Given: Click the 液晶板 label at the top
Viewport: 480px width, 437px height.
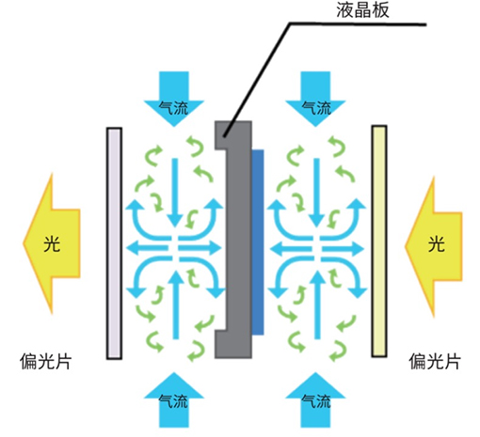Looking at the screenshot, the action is pos(362,9).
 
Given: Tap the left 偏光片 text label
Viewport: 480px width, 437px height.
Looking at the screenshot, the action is pos(45,362).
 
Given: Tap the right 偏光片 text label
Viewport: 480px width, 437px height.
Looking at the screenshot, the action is pos(435,362).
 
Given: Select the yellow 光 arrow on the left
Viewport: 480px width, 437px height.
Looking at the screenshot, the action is pos(52,243).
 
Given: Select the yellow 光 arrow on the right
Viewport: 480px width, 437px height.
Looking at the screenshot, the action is pos(434,246).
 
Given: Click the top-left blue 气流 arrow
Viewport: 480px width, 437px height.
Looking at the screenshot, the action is pos(174,99).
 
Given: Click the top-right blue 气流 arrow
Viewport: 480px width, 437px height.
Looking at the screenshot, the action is pos(315,99).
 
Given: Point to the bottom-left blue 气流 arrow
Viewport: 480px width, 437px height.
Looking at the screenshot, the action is pos(174,399).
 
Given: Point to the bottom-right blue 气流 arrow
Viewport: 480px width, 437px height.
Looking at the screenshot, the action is pos(315,399).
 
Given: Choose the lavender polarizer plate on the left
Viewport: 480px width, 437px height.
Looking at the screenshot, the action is pos(114,243).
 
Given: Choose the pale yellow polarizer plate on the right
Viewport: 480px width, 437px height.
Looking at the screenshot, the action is pos(379,242).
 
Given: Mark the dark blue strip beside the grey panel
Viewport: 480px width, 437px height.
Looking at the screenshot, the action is pos(258,242).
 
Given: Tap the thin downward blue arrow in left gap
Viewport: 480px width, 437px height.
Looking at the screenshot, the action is pos(175,193).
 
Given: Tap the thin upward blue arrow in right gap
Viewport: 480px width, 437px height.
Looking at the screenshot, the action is pos(317,304).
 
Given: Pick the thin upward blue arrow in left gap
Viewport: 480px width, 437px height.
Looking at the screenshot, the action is pos(176,304).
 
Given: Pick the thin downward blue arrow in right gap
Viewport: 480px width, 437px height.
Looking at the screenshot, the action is pos(317,193).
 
